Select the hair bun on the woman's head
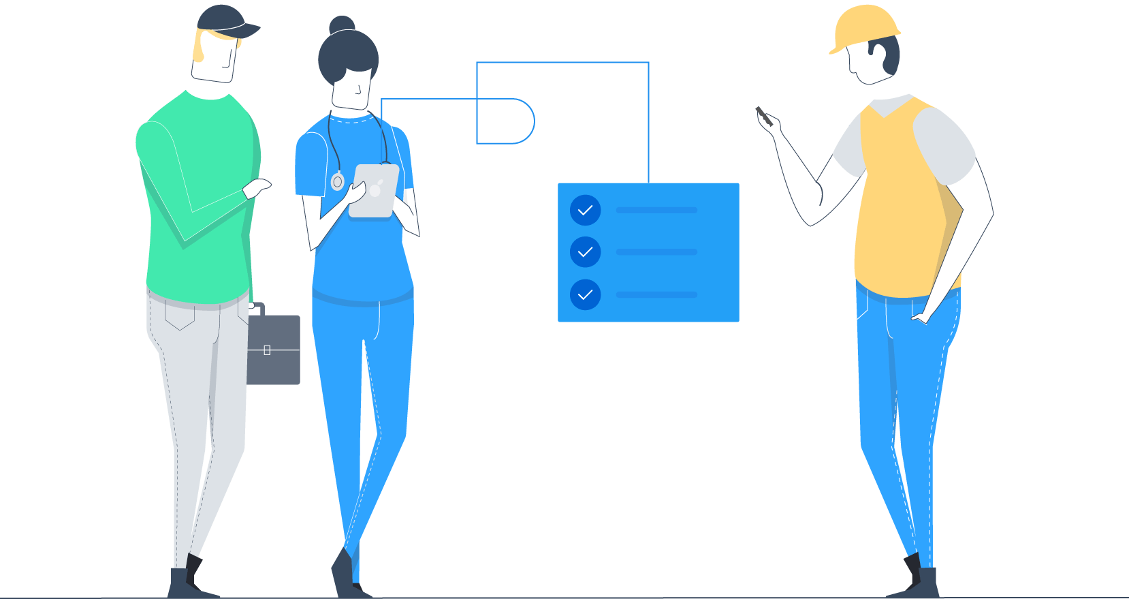(342, 25)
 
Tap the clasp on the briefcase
(267, 350)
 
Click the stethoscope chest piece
(337, 182)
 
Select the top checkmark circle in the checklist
(585, 210)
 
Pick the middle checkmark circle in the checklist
(585, 252)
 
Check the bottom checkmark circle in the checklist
(585, 295)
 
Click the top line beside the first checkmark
(656, 210)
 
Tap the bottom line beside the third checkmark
(656, 294)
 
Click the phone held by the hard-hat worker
(763, 115)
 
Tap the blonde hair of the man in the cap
(199, 48)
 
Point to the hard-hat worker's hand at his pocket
(920, 318)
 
